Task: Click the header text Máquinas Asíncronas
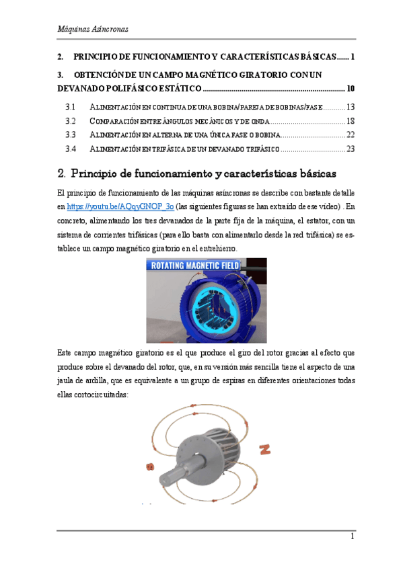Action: coord(93,30)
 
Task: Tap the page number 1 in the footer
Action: coord(351,537)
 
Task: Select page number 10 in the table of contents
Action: coord(351,89)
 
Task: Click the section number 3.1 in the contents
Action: coord(71,108)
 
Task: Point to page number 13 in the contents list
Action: coord(350,108)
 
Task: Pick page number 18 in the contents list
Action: coord(350,121)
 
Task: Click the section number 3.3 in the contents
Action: coord(71,135)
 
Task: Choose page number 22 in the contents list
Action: coord(350,135)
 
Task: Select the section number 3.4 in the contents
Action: coord(71,149)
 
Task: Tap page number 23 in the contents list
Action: coord(350,149)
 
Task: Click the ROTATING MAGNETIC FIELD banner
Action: coord(206,266)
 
